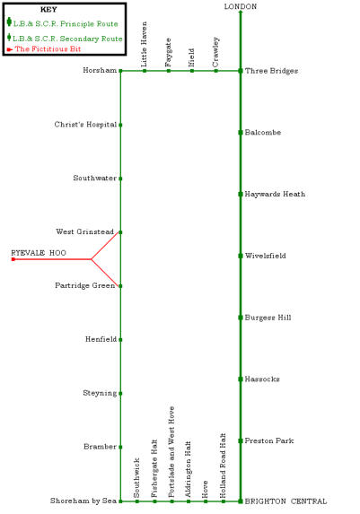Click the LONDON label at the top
pyautogui.click(x=241, y=6)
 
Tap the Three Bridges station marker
pyautogui.click(x=241, y=71)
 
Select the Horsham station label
pyautogui.click(x=100, y=70)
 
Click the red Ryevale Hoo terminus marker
pyautogui.click(x=13, y=259)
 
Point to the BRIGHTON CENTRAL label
pyautogui.click(x=285, y=501)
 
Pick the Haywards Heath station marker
pyautogui.click(x=241, y=194)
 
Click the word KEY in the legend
pyautogui.click(x=48, y=10)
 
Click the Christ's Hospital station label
pyautogui.click(x=85, y=125)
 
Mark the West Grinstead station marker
pyautogui.click(x=120, y=232)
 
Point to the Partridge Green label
pyautogui.click(x=85, y=285)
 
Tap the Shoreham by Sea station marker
pyautogui.click(x=120, y=501)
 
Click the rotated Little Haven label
pyautogui.click(x=144, y=44)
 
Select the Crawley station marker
pyautogui.click(x=216, y=71)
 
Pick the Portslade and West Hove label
pyautogui.click(x=171, y=452)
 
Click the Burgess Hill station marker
pyautogui.click(x=241, y=318)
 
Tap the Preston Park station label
pyautogui.click(x=269, y=441)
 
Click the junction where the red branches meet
pyautogui.click(x=92, y=259)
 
